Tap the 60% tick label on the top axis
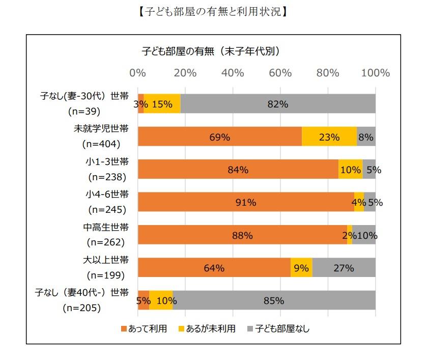pos(280,73)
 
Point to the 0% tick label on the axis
pos(138,73)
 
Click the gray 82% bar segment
pos(278,104)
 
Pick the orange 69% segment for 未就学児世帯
pos(220,136)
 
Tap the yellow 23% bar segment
pos(329,136)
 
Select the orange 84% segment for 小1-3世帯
pos(238,170)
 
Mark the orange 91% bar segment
pos(246,202)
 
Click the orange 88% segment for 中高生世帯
pos(242,235)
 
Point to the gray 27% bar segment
pos(344,268)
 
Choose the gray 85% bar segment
pos(274,300)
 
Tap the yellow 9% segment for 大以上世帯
pos(301,268)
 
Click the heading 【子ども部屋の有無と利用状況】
pos(213,11)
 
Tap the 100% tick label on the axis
pos(375,73)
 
